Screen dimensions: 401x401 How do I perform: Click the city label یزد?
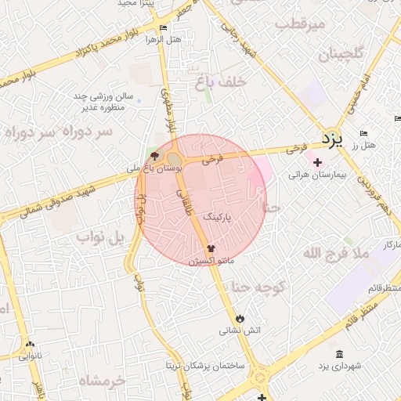click(332, 139)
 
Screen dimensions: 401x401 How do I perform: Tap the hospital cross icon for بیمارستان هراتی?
click(317, 163)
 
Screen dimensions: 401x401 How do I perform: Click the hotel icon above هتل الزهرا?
click(163, 28)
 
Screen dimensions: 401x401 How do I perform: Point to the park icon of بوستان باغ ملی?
click(154, 156)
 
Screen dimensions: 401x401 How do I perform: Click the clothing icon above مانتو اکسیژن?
click(210, 247)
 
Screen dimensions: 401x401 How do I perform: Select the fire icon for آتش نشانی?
click(240, 318)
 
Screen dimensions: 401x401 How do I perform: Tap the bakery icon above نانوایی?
click(30, 344)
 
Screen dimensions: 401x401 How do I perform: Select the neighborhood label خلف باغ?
click(221, 81)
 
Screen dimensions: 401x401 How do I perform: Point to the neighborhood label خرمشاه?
click(102, 381)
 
